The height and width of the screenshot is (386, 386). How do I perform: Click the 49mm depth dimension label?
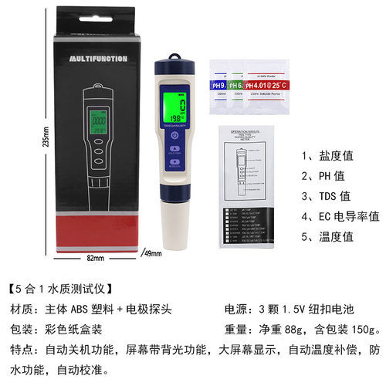pos(153,254)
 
